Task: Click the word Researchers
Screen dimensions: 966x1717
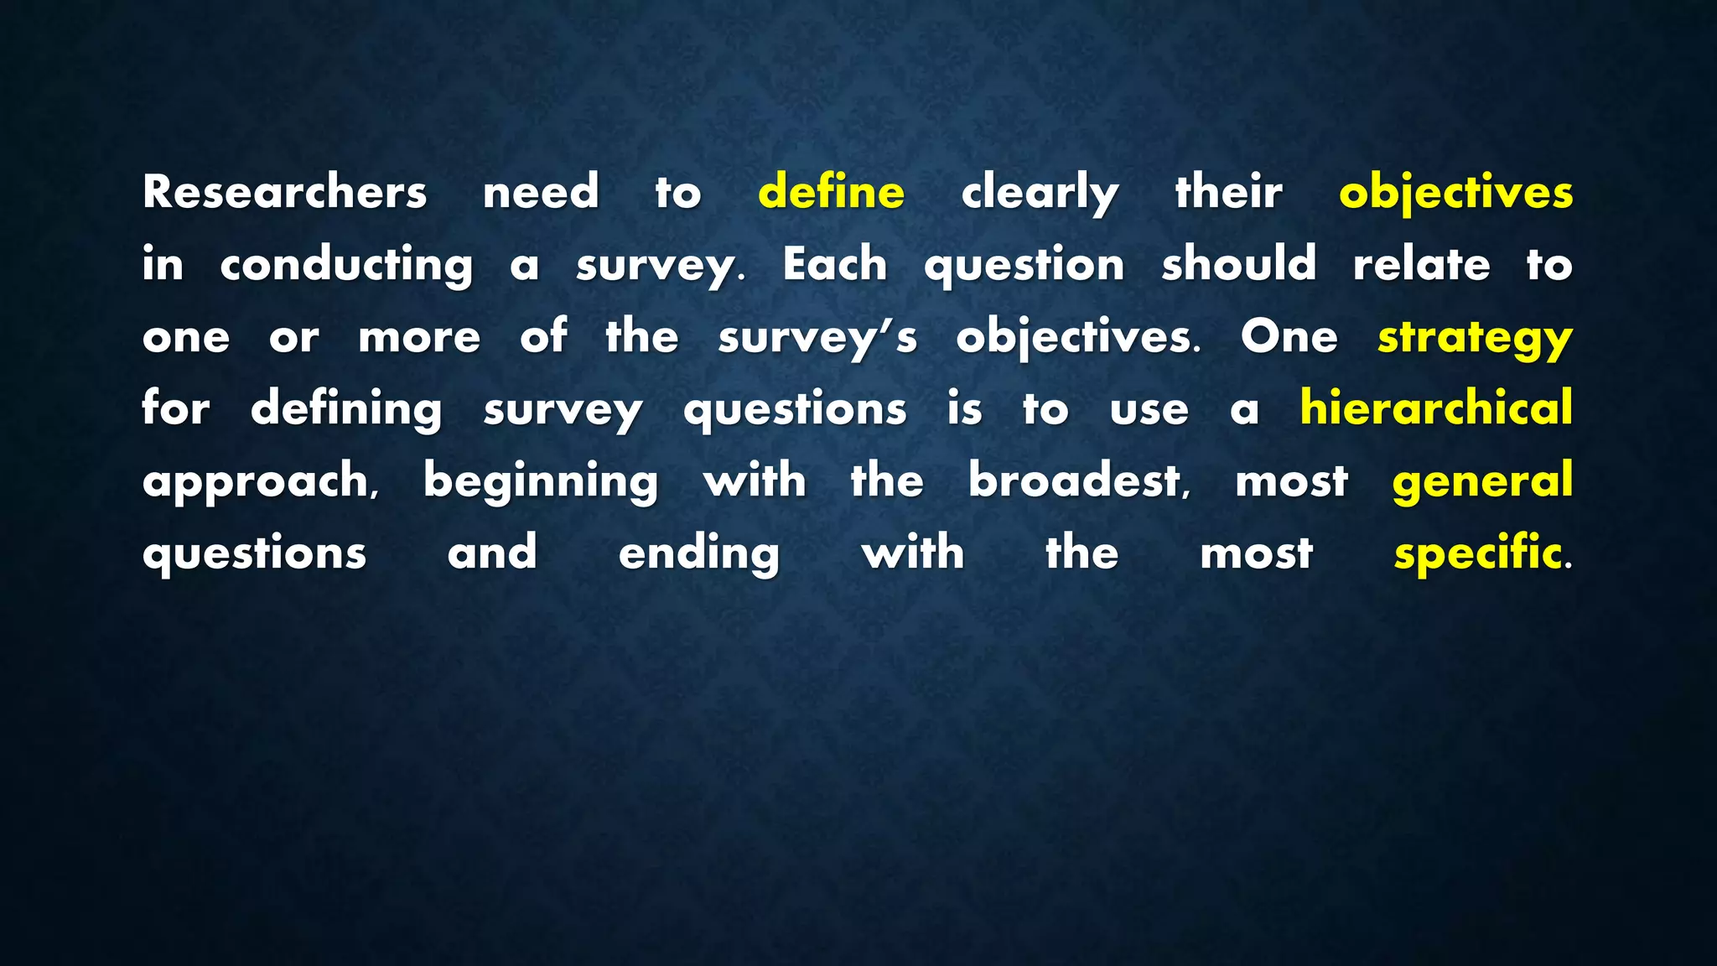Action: (x=284, y=192)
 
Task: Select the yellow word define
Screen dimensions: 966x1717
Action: (x=831, y=192)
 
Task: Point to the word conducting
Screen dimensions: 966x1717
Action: (x=346, y=266)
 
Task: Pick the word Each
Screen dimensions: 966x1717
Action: (x=835, y=264)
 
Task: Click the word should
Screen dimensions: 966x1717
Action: (x=1238, y=264)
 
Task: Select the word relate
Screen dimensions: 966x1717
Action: (x=1422, y=264)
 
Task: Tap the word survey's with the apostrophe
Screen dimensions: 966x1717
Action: (x=817, y=338)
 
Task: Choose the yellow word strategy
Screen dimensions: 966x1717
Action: (x=1475, y=338)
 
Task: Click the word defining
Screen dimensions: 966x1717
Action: (x=346, y=410)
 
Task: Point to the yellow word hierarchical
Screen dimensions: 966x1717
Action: (x=1435, y=408)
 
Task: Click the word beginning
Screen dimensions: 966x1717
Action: (x=541, y=482)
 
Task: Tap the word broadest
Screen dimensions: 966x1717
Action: (x=1078, y=480)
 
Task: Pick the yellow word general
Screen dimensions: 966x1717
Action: (x=1482, y=482)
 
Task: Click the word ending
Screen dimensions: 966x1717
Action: (x=699, y=554)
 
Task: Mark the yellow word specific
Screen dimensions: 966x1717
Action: (x=1478, y=554)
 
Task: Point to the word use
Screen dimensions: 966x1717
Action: (x=1149, y=410)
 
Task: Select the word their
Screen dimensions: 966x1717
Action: (x=1228, y=192)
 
